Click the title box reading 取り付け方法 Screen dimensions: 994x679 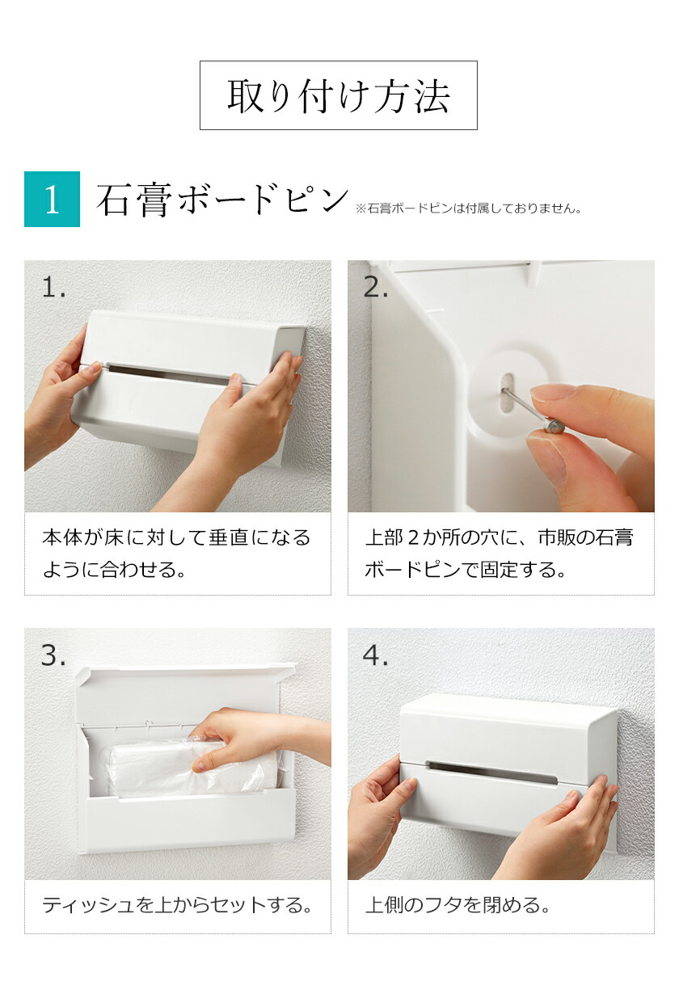coord(338,95)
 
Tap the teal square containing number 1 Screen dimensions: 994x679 coord(52,200)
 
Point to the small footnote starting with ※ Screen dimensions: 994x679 coord(468,208)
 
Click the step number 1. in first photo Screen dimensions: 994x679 coord(54,287)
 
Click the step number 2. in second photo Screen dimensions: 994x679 coord(376,287)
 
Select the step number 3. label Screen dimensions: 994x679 coord(53,655)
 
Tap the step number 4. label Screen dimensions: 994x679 coord(376,655)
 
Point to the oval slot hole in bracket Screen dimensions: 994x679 coord(507,394)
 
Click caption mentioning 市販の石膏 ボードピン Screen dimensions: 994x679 coord(500,554)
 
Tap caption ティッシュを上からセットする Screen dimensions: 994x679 coord(176,905)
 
